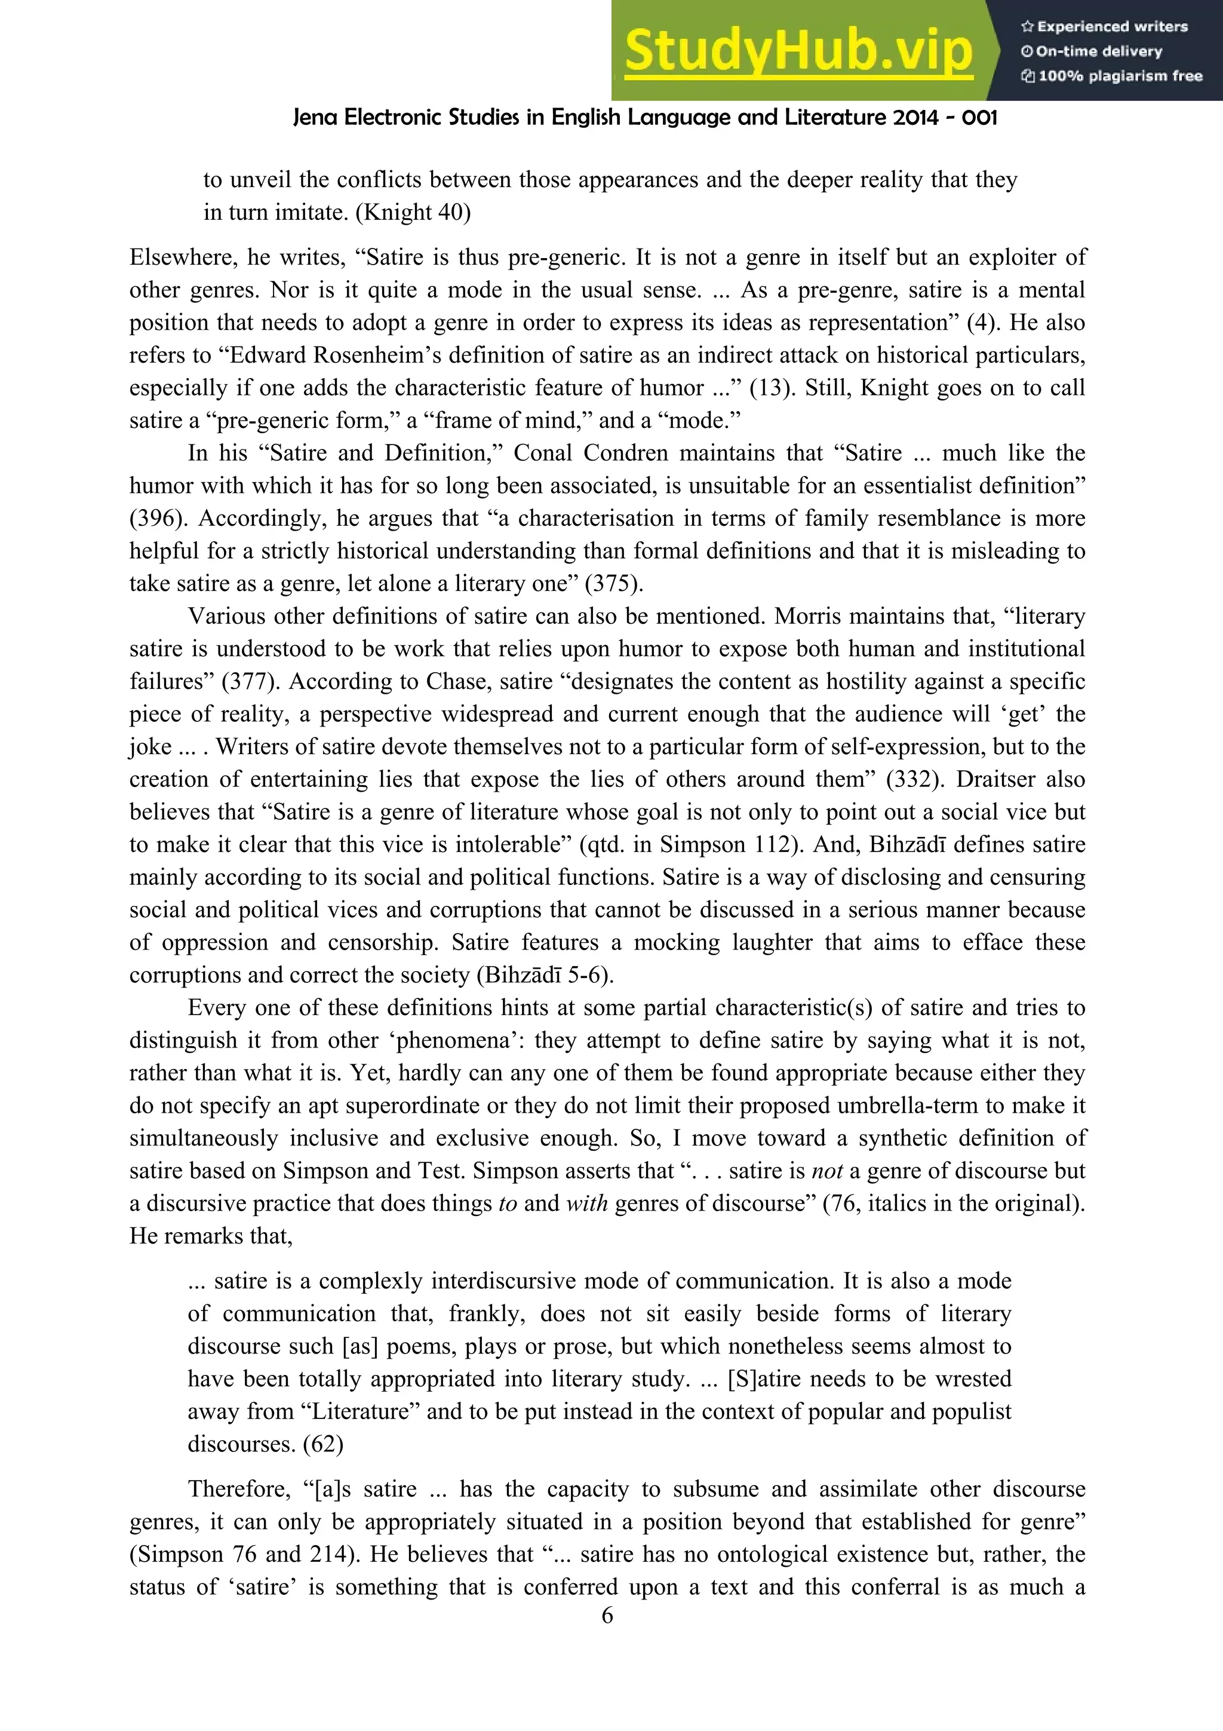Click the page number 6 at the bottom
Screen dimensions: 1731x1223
pos(607,1616)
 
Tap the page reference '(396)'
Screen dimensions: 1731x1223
pos(153,519)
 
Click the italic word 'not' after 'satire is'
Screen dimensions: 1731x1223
pos(826,1172)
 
